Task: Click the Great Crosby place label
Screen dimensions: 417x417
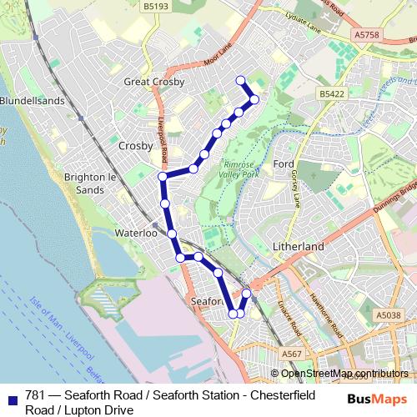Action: click(x=153, y=82)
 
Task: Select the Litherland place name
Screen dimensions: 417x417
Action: click(x=298, y=248)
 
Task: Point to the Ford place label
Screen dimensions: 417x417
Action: click(x=284, y=164)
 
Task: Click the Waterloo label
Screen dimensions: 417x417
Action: click(x=136, y=234)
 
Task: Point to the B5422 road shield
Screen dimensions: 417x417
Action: click(x=332, y=96)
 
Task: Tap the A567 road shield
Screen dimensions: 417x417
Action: click(x=292, y=354)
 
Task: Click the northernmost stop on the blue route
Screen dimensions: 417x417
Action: click(x=241, y=80)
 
